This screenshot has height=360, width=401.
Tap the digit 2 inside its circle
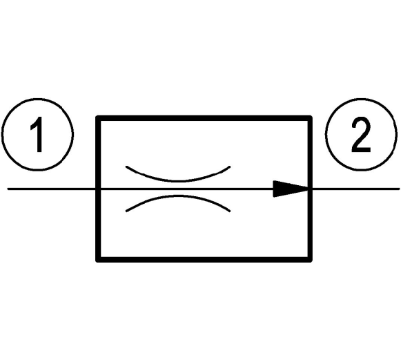coord(361,135)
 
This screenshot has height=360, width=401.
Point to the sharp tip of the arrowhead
coord(309,189)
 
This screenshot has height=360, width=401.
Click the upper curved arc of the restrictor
coord(178,181)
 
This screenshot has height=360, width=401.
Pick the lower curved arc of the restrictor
coord(178,196)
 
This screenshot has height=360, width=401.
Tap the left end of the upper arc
coord(126,167)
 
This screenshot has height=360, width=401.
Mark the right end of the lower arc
coord(230,211)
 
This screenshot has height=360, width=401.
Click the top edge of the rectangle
coord(204,118)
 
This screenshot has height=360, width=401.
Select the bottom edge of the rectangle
coord(204,260)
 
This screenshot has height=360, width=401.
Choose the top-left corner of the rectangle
coord(98,118)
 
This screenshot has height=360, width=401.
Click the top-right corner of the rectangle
coord(310,118)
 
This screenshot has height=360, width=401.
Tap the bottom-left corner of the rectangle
coord(98,260)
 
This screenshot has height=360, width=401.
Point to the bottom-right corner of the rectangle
coord(310,260)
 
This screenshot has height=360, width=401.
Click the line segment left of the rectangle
coord(51,189)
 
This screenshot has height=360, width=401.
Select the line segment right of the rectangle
coord(356,189)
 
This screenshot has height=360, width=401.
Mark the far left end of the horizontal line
coord(8,189)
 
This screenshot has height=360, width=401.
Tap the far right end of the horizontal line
coord(399,189)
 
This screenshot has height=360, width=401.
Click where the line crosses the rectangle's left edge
coord(98,189)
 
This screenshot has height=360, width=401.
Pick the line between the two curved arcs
coord(178,189)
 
